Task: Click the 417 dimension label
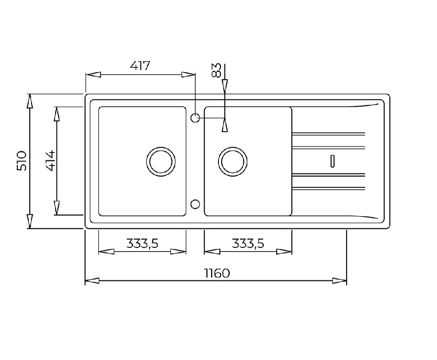click(140, 66)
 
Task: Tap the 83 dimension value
click(217, 70)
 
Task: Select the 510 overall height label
click(22, 161)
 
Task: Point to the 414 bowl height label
click(50, 161)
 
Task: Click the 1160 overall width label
click(217, 273)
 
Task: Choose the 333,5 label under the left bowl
click(142, 243)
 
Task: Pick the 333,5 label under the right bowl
click(248, 243)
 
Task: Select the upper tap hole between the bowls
click(195, 118)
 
